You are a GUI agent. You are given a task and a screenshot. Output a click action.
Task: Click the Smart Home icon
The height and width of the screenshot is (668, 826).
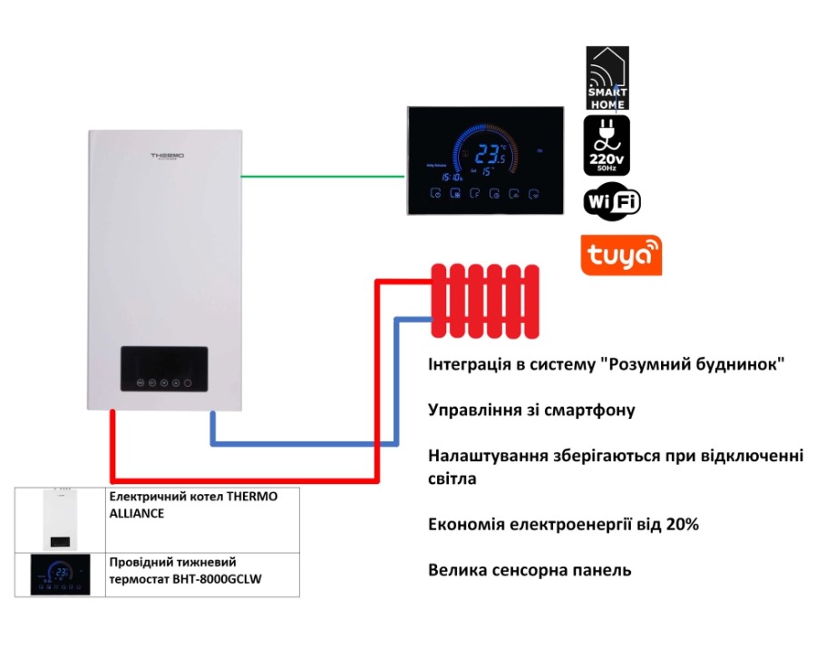(607, 78)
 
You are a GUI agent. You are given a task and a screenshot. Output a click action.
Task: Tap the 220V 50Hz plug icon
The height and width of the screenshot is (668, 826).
(607, 145)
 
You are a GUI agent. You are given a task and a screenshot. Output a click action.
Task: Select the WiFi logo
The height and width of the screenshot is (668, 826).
(612, 201)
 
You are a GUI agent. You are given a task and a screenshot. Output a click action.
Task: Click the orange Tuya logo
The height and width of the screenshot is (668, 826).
(621, 255)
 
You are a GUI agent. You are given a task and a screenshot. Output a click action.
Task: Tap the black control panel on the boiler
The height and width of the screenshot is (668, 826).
(163, 369)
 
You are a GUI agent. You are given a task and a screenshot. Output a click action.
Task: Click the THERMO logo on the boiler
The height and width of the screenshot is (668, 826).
(167, 156)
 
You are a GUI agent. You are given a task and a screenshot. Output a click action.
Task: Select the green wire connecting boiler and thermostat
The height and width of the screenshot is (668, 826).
(323, 177)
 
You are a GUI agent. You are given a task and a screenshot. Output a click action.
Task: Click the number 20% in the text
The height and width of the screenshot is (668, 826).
(683, 524)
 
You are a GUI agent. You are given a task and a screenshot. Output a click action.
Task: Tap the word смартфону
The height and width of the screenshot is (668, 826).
(589, 411)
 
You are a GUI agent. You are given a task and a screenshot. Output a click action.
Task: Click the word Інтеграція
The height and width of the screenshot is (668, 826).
(468, 364)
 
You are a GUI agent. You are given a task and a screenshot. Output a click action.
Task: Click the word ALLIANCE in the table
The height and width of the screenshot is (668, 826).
(136, 513)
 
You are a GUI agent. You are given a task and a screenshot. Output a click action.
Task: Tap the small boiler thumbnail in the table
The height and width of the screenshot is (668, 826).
(61, 518)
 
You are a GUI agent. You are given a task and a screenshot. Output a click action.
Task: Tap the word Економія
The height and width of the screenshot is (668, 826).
(465, 524)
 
